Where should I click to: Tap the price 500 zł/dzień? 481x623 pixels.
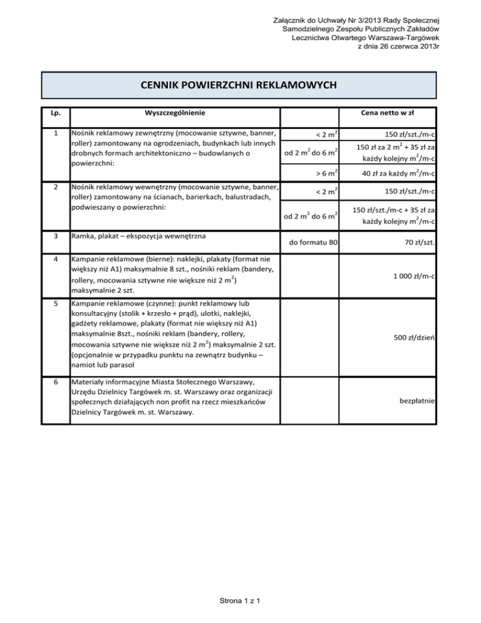click(415, 338)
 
